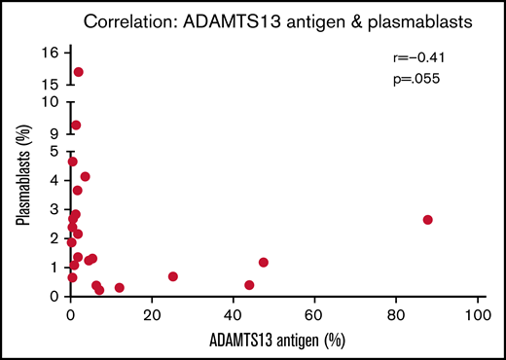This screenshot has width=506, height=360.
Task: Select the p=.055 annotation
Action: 412,77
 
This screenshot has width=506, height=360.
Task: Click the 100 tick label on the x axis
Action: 477,316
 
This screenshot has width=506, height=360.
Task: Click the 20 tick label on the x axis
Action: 152,316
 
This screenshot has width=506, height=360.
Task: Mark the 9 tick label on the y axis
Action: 54,133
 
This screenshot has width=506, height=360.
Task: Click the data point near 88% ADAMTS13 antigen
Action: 427,220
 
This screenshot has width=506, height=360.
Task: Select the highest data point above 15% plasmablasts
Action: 79,72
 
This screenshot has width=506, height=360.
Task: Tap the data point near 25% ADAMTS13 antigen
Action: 173,276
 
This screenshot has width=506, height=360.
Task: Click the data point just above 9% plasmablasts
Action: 76,126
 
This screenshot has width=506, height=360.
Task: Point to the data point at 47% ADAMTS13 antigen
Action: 264,263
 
